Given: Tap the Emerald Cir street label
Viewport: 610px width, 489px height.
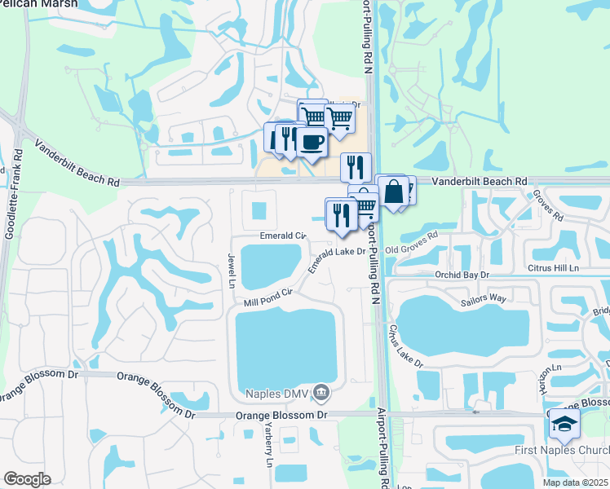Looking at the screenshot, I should [282, 236].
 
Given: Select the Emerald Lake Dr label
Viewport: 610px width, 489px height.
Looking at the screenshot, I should [337, 259].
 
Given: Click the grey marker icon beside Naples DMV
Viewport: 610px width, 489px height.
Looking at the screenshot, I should [321, 394].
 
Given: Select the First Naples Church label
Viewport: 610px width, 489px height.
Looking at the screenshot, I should [562, 451].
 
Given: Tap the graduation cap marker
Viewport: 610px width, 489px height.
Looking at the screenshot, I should [564, 424].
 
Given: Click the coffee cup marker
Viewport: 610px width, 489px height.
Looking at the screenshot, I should [312, 143].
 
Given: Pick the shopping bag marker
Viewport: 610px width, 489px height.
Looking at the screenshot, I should [392, 192].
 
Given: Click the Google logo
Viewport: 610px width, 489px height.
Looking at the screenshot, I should [27, 479].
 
